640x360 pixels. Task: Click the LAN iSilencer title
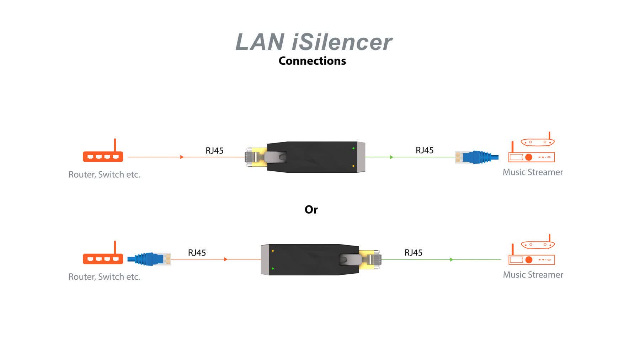pyautogui.click(x=314, y=42)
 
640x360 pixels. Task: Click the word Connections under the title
pyautogui.click(x=312, y=61)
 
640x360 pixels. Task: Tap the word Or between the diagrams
pyautogui.click(x=311, y=210)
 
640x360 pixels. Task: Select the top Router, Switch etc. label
pyautogui.click(x=104, y=174)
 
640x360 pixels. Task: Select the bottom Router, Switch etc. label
pyautogui.click(x=104, y=277)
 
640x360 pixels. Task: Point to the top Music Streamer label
pyautogui.click(x=533, y=172)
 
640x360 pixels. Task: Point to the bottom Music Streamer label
pyautogui.click(x=533, y=275)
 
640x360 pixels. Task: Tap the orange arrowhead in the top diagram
pyautogui.click(x=182, y=157)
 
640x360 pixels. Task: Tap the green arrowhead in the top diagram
pyautogui.click(x=391, y=157)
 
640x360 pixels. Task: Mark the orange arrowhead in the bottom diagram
pyautogui.click(x=225, y=259)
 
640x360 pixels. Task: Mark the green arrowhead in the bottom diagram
pyautogui.click(x=452, y=259)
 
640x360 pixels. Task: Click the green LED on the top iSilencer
pyautogui.click(x=353, y=148)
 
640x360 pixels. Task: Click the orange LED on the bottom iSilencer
pyautogui.click(x=273, y=251)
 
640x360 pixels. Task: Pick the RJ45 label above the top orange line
pyautogui.click(x=214, y=151)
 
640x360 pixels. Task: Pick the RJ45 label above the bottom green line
pyautogui.click(x=414, y=253)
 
